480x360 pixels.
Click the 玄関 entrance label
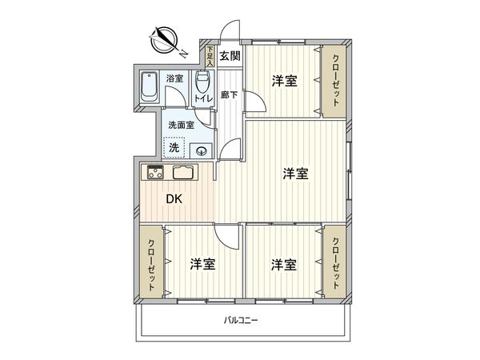coord(230,56)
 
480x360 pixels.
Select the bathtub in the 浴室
coord(150,88)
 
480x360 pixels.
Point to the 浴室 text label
coord(174,78)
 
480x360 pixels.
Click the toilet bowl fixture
coord(205,82)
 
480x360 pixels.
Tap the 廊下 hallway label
coord(229,94)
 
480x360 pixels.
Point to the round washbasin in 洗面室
coord(202,150)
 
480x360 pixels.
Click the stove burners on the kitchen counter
coord(154,172)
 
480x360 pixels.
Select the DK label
coord(174,200)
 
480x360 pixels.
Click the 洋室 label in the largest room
coord(296,173)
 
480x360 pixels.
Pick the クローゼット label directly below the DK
coord(150,264)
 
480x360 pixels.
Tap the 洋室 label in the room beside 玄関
coord(283,80)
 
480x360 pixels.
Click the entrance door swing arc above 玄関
coord(230,32)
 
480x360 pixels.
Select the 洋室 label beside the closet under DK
coord(202,264)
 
